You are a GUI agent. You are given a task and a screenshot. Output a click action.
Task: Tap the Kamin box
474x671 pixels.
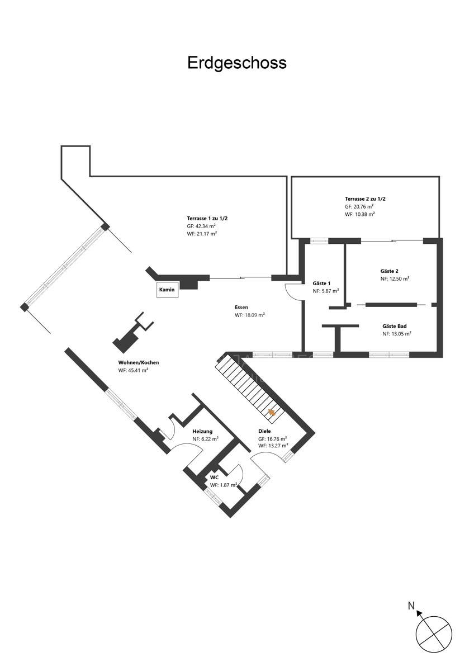[x=167, y=290]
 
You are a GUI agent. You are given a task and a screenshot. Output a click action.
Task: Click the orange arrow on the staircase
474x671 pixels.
[x=272, y=413]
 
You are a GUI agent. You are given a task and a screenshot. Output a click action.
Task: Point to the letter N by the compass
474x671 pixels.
[x=411, y=606]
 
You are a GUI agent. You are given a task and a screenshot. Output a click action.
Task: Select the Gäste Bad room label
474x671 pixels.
[x=395, y=326]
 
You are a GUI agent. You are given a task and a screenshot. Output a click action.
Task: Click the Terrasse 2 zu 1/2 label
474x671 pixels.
[x=365, y=199]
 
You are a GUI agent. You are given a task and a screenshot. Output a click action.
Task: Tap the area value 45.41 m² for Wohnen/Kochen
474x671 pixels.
[x=133, y=370]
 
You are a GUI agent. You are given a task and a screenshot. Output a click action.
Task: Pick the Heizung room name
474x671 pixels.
[x=202, y=431]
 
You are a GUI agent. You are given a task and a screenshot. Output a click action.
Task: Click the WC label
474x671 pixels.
[x=215, y=477]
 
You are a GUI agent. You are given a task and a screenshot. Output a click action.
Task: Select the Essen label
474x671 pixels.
[x=241, y=308]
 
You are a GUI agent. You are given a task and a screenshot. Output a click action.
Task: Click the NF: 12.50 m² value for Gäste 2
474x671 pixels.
[x=395, y=278]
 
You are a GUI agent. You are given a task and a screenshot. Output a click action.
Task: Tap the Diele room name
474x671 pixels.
[x=264, y=431]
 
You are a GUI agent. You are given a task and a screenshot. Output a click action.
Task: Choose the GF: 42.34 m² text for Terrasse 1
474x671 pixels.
[x=202, y=226]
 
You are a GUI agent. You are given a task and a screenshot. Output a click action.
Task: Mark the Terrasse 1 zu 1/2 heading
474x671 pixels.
[x=207, y=219]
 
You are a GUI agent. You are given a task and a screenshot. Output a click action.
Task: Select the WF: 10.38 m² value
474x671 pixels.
[x=360, y=214]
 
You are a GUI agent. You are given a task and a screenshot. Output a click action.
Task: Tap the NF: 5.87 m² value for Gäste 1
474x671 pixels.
[x=326, y=291]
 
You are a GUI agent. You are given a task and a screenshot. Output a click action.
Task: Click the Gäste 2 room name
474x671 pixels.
[x=389, y=271]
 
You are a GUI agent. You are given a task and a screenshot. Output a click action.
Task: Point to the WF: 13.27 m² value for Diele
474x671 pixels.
[x=273, y=446]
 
